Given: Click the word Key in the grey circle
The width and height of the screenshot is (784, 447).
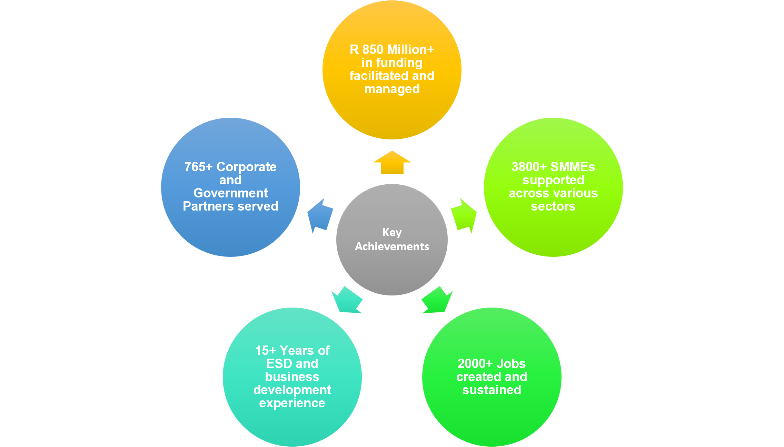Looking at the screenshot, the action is [392, 232].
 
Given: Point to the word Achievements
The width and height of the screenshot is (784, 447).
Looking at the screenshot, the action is [392, 246].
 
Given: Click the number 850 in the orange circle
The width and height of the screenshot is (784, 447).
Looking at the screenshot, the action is [373, 50].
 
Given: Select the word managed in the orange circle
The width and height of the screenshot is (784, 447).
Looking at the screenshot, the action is [392, 89].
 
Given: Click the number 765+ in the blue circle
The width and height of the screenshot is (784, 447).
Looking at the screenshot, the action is [198, 167].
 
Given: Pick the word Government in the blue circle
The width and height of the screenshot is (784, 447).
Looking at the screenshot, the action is [231, 193].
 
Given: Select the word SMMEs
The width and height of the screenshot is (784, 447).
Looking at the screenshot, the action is [573, 167].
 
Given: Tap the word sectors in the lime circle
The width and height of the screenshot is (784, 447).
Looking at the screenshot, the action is [553, 206].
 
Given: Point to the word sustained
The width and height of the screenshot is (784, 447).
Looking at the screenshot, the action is [492, 390].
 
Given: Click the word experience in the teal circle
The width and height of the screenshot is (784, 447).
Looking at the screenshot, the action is [292, 403].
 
